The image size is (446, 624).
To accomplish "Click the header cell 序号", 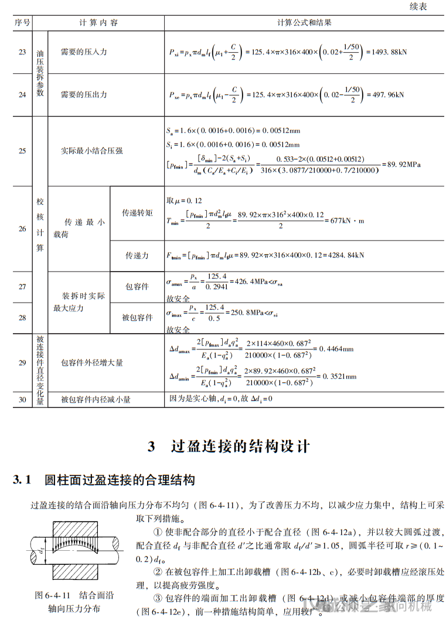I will click(22, 23).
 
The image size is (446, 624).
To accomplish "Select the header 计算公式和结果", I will click(304, 23).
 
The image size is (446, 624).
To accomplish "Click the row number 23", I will click(22, 52).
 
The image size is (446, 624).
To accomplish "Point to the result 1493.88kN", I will click(386, 52).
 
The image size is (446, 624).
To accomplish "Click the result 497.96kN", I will click(384, 94).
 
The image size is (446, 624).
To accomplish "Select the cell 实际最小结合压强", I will click(92, 150).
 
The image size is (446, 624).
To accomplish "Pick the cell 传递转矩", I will click(137, 213).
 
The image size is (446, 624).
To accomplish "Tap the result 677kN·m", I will click(348, 221).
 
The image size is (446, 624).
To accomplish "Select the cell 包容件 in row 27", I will click(137, 287).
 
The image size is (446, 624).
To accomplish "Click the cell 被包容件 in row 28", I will click(137, 317).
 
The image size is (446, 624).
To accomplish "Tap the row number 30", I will click(22, 399).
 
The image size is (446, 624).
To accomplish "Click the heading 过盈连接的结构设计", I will click(240, 447).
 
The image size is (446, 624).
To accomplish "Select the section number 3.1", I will click(22, 481).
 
